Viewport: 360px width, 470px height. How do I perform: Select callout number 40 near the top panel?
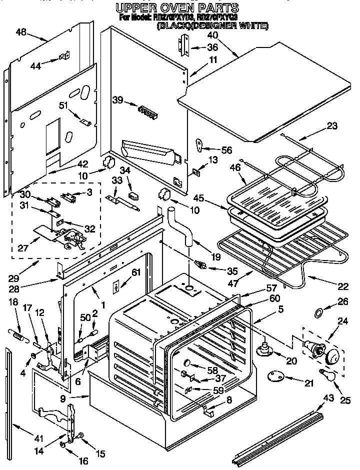(x=212, y=35)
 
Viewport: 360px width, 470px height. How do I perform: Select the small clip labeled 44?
(x=64, y=57)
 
